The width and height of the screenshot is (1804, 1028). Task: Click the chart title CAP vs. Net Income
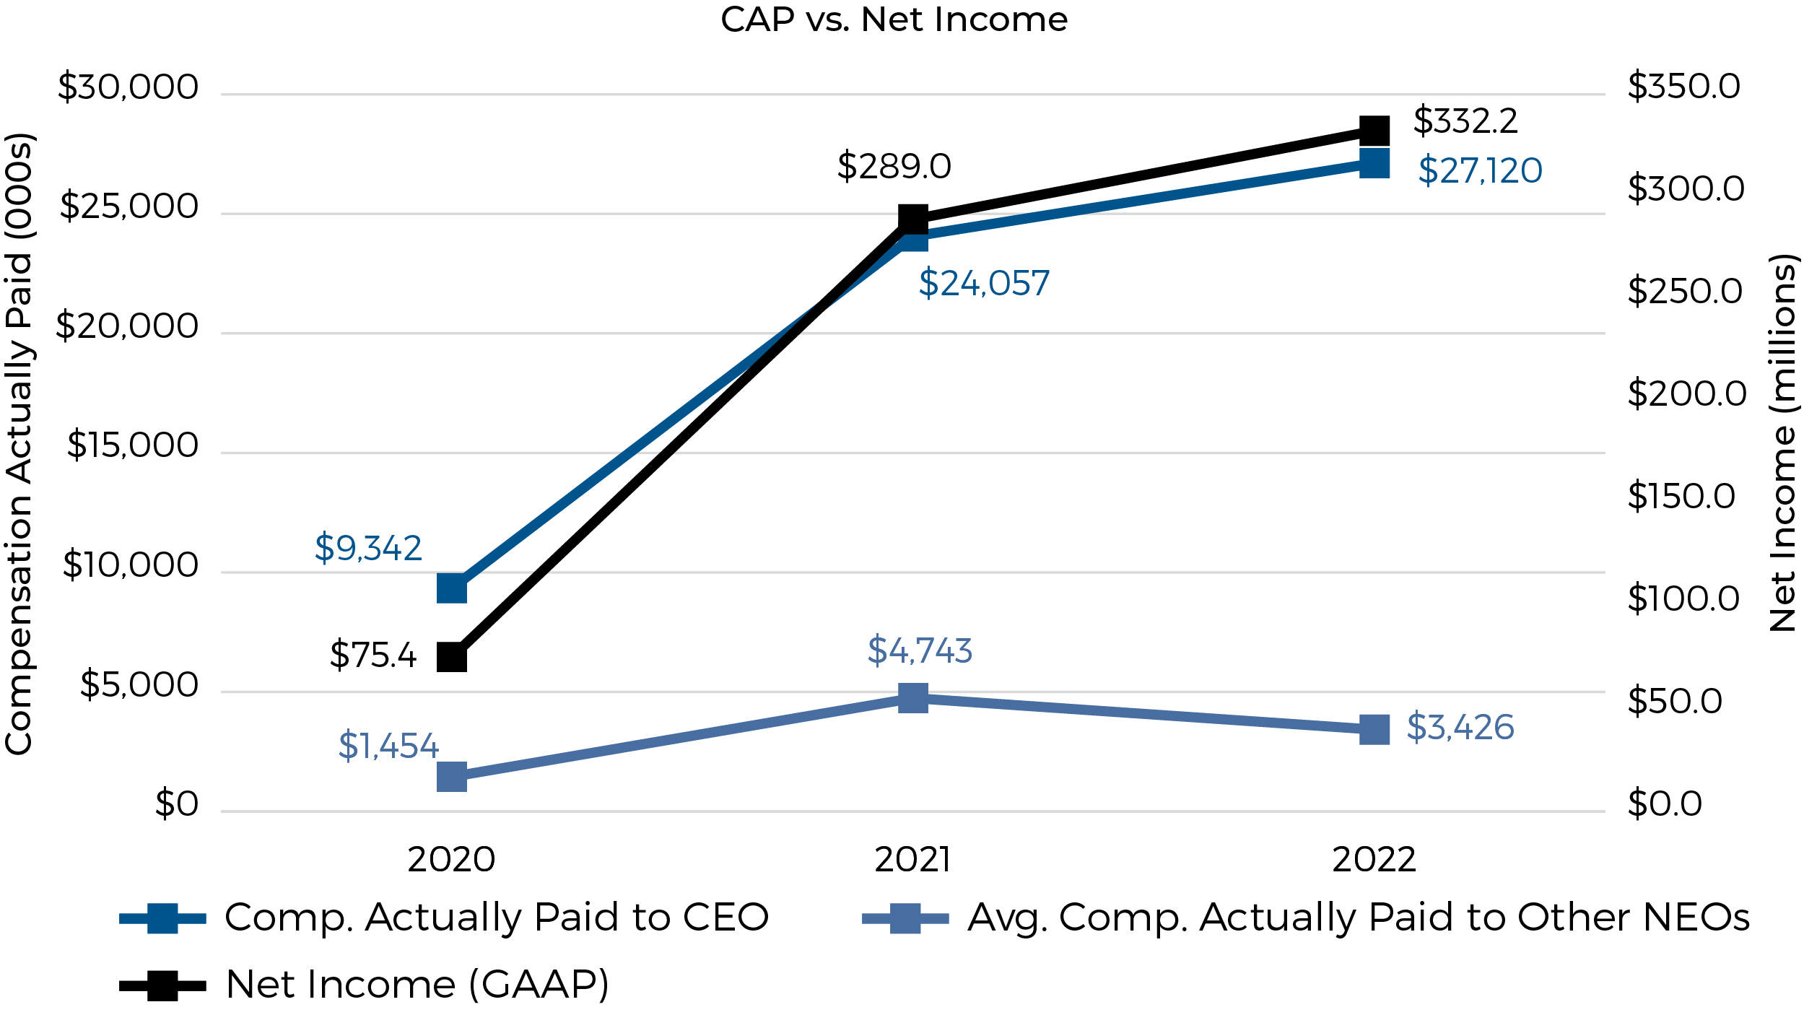894,19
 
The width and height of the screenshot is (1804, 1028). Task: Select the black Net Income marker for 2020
452,657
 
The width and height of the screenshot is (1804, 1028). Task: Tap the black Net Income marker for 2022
1374,131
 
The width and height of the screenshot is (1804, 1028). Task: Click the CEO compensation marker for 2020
452,588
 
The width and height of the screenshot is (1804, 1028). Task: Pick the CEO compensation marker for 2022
1374,163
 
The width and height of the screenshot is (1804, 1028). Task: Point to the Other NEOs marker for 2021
913,698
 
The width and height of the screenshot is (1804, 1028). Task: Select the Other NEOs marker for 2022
1374,729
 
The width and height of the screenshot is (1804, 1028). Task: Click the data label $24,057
984,283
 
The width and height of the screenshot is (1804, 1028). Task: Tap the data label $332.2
1465,121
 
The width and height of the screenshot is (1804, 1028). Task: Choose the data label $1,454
388,746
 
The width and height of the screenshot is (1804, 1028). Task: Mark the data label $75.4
372,655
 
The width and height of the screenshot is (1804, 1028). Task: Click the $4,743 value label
920,650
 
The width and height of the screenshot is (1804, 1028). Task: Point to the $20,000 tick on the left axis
127,326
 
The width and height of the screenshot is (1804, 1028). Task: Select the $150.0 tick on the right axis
1681,496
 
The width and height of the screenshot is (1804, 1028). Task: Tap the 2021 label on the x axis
912,860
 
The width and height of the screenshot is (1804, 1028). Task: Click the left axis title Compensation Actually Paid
19,444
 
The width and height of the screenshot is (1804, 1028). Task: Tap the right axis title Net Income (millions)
1782,443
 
